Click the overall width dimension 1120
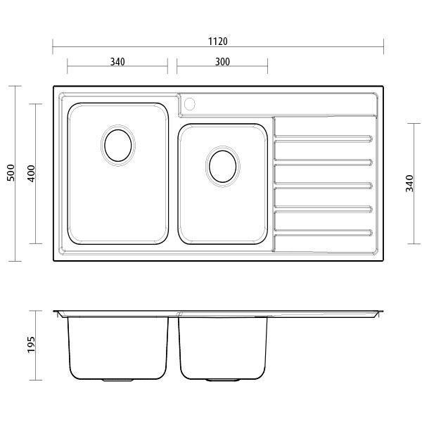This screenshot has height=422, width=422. [217, 41]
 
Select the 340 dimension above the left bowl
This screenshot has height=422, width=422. [117, 62]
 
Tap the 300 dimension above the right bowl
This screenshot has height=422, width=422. [222, 62]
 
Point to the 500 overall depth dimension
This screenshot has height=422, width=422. [11, 173]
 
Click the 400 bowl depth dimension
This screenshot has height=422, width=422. [31, 173]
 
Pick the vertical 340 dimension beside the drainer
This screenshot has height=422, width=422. [409, 184]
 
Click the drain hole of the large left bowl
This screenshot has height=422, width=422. [117, 145]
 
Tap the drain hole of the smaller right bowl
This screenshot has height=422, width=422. [223, 166]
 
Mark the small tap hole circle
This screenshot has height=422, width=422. [188, 105]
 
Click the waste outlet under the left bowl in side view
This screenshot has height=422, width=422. [117, 381]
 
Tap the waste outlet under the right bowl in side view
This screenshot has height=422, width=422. [222, 381]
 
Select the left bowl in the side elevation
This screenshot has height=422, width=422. [117, 348]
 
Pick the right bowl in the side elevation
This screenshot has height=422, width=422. [222, 348]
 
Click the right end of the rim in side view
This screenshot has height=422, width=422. [381, 314]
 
